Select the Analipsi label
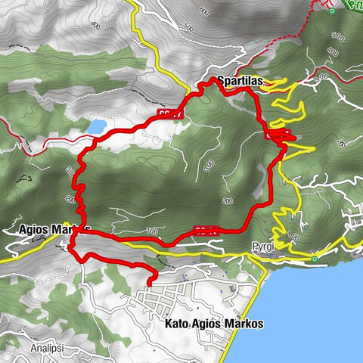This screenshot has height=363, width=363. pyautogui.click(x=48, y=349)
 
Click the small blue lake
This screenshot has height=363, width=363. pyautogui.click(x=96, y=126)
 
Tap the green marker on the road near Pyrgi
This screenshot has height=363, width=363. pyautogui.click(x=314, y=259)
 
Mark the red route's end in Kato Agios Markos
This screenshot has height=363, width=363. pyautogui.click(x=150, y=284)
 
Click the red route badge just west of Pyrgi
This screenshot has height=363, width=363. pyautogui.click(x=206, y=229)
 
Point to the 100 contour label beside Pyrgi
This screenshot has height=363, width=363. pyautogui.click(x=296, y=236)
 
